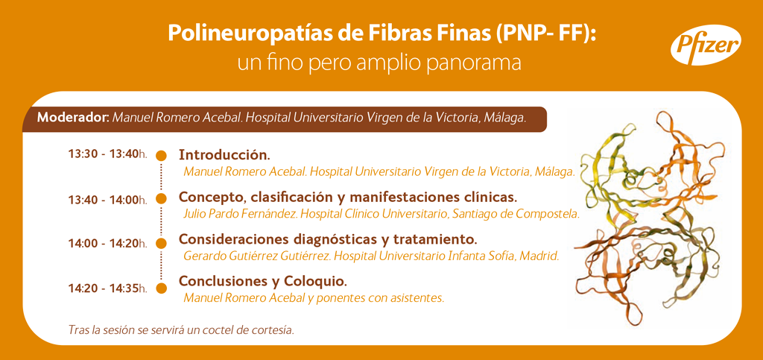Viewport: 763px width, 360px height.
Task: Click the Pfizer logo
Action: (706, 45)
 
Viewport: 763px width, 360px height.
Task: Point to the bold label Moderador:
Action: (74, 119)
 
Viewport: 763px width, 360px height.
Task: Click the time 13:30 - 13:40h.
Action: (108, 154)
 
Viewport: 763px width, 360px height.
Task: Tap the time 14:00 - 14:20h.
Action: (108, 244)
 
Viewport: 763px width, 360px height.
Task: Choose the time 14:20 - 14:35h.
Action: (108, 288)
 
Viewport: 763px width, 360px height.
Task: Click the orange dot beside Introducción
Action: (161, 155)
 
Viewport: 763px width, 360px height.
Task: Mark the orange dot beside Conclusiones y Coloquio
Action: (161, 288)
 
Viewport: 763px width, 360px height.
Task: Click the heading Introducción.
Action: (224, 155)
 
